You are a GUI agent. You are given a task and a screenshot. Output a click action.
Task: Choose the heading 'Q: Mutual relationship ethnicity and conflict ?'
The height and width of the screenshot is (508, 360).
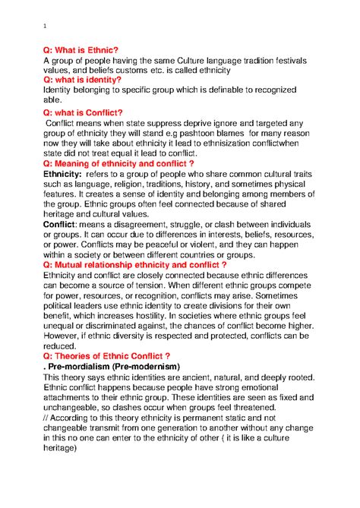click(x=135, y=265)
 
